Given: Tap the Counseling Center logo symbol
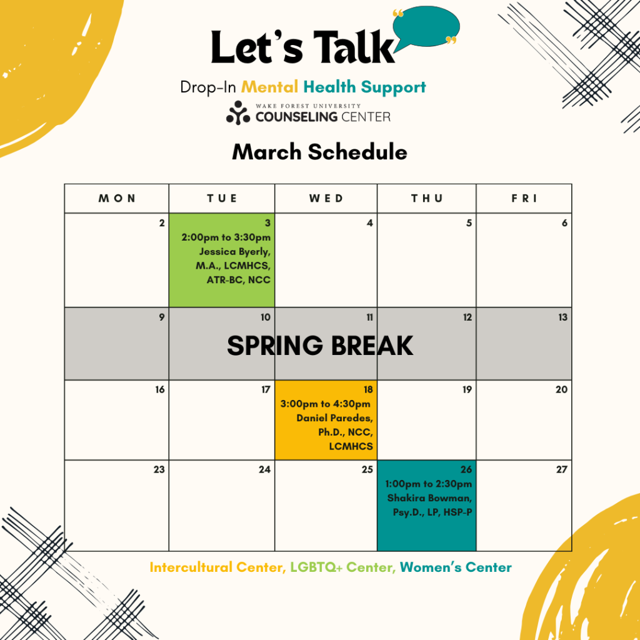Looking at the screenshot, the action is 238,112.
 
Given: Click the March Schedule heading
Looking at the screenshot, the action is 319,152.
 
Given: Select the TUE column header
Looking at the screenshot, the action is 222,198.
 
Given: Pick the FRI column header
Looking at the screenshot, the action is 524,198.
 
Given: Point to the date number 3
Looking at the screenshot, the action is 267,223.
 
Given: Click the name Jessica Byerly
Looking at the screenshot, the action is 235,252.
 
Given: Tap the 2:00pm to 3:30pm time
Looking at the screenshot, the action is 226,237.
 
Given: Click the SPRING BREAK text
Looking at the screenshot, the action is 320,346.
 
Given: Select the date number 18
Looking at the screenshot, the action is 368,390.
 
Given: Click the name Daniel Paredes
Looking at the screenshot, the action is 335,418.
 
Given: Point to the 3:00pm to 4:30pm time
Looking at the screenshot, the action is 325,404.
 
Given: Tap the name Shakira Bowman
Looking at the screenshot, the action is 429,498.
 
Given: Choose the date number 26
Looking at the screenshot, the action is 466,470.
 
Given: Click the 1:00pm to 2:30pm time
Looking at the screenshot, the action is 429,484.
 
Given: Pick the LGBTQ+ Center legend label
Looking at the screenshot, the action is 343,567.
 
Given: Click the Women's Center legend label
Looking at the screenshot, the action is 456,567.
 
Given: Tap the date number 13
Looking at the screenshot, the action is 563,317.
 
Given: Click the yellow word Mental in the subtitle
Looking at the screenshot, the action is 270,87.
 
